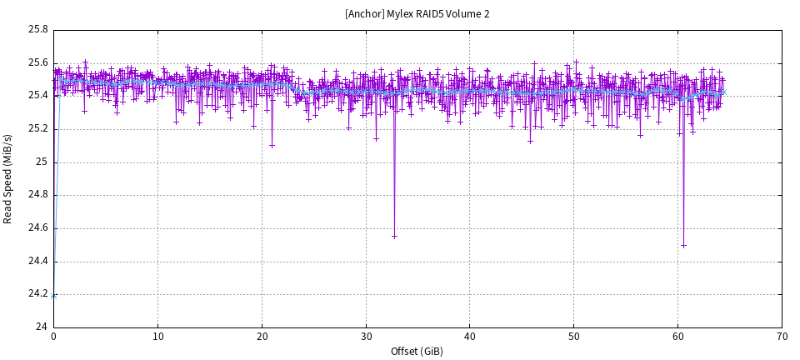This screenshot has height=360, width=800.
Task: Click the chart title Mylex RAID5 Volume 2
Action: [x=417, y=14]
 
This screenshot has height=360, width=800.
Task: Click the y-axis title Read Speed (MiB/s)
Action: [x=8, y=178]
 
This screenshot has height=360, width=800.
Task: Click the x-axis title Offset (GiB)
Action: [x=417, y=352]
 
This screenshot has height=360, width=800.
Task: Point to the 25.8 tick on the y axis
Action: [x=38, y=30]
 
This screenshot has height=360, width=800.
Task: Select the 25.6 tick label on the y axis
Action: [x=38, y=62]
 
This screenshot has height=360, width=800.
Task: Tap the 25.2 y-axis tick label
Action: [x=38, y=128]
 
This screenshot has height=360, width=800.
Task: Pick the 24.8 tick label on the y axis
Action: [x=38, y=195]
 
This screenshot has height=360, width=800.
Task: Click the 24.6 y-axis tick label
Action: [x=38, y=227]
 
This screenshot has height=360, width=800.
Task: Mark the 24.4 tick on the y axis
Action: [x=38, y=261]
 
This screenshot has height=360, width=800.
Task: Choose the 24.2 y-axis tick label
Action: [x=38, y=293]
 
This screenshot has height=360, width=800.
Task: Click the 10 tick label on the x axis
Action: [x=157, y=337]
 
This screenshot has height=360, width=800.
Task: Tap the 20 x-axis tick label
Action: [x=262, y=337]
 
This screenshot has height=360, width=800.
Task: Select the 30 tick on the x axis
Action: [x=366, y=337]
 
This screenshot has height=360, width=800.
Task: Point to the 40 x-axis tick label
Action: [x=470, y=337]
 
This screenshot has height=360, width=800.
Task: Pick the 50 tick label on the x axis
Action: [x=574, y=337]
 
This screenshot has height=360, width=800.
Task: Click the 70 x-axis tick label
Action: [x=782, y=337]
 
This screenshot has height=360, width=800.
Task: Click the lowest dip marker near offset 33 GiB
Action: [x=394, y=237]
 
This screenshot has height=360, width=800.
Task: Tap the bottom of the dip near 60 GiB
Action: [x=683, y=245]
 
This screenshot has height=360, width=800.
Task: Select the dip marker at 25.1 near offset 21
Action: [x=272, y=145]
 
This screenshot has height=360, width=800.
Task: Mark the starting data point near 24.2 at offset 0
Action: [x=54, y=295]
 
